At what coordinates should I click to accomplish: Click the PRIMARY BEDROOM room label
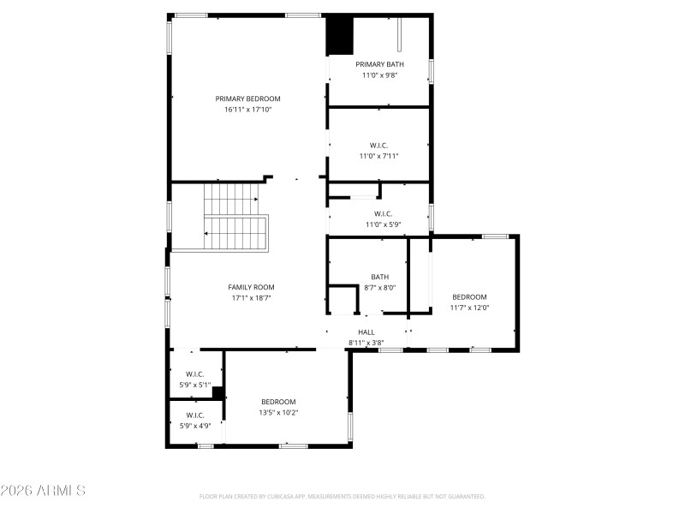[x=247, y=99]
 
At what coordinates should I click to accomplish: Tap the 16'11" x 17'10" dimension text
[x=247, y=110]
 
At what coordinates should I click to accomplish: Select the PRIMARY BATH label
[x=379, y=64]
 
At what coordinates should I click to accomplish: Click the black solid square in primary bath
[x=340, y=36]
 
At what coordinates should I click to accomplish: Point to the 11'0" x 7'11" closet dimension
[x=378, y=156]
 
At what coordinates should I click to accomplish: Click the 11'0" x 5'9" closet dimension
[x=383, y=224]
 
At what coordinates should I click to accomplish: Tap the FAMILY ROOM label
[x=251, y=287]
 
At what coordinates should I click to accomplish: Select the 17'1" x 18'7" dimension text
[x=251, y=298]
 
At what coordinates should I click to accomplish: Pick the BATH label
[x=379, y=277]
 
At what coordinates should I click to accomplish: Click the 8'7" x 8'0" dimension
[x=379, y=288]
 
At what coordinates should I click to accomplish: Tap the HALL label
[x=366, y=332]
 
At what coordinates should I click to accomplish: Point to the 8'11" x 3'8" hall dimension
[x=366, y=343]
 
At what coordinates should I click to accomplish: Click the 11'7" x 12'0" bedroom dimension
[x=469, y=308]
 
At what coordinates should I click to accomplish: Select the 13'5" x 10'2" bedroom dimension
[x=278, y=412]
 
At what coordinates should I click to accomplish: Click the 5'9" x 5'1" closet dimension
[x=194, y=385]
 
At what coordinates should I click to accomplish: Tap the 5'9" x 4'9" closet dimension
[x=194, y=426]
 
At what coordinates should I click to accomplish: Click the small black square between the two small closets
[x=218, y=393]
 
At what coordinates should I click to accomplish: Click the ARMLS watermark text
[x=43, y=491]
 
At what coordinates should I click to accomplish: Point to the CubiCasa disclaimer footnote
[x=342, y=496]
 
